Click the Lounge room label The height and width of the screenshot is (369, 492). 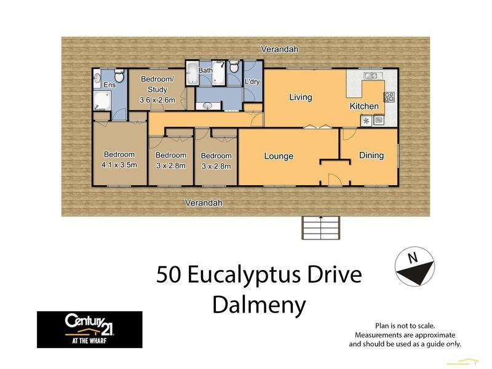point(279,156)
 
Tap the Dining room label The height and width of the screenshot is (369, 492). point(371,156)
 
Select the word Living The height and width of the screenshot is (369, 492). point(301,97)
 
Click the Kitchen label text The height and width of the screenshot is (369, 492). point(364,106)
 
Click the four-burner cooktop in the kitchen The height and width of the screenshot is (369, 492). point(389,97)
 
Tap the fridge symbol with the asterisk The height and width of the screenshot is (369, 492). point(367,121)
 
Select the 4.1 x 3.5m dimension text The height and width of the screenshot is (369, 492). point(119,165)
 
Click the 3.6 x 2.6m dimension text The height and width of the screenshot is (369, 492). point(157,100)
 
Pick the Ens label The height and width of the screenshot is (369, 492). point(109,85)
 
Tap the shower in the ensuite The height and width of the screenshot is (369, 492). point(103,101)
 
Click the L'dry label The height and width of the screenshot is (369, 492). point(252,82)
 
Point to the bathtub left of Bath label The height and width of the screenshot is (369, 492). point(192,75)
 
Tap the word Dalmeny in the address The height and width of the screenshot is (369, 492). point(259,304)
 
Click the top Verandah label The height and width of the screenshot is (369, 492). point(276,49)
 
